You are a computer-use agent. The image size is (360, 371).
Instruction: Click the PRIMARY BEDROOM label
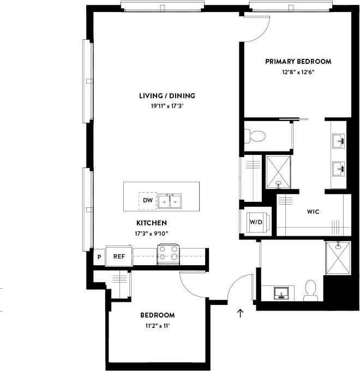pyautogui.click(x=298, y=62)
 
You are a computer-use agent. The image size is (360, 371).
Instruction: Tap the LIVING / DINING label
pyautogui.click(x=167, y=96)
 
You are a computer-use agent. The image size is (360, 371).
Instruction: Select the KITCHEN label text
pyautogui.click(x=151, y=223)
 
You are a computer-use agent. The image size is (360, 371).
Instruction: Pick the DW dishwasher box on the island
pyautogui.click(x=147, y=201)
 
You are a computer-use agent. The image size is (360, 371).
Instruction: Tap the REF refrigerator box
pyautogui.click(x=118, y=256)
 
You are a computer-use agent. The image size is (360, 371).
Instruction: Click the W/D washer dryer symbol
pyautogui.click(x=256, y=222)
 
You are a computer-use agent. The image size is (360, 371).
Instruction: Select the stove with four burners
pyautogui.click(x=169, y=254)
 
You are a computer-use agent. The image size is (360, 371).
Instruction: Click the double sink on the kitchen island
pyautogui.click(x=170, y=201)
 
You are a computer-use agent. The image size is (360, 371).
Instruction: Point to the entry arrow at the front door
pyautogui.click(x=239, y=313)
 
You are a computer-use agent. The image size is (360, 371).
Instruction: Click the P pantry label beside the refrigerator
pyautogui.click(x=99, y=256)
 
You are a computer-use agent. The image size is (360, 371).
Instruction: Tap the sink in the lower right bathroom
pyautogui.click(x=282, y=292)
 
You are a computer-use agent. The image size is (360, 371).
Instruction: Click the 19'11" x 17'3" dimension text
pyautogui.click(x=167, y=106)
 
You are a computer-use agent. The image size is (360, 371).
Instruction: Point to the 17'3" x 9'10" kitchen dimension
pyautogui.click(x=151, y=234)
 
